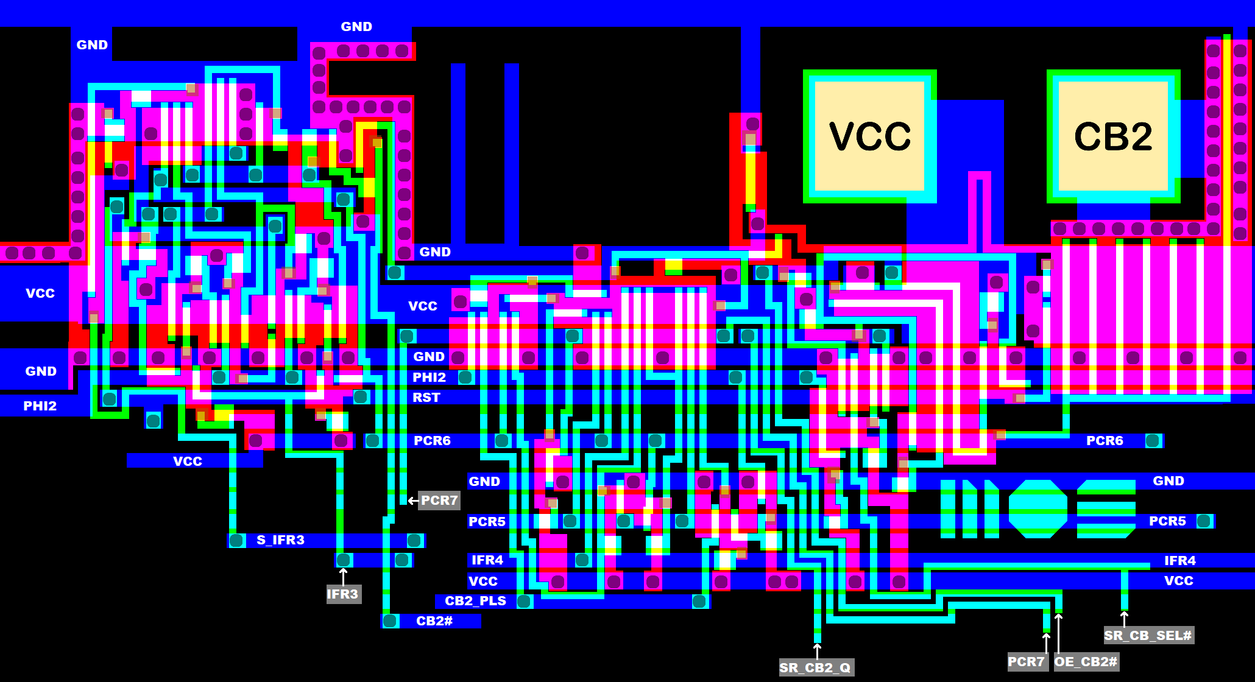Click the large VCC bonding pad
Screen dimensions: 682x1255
click(869, 136)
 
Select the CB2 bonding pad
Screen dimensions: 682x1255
click(1113, 136)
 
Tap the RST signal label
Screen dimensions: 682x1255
click(426, 398)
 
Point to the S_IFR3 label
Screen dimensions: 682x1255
click(280, 540)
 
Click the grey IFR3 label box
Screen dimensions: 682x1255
click(343, 594)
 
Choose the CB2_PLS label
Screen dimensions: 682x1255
click(475, 601)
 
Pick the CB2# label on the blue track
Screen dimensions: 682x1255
click(434, 621)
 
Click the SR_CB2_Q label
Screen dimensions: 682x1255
click(816, 667)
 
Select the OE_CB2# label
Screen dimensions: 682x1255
click(1086, 662)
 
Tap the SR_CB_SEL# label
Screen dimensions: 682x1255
click(1148, 636)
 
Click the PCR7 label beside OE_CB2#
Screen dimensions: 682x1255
click(1027, 662)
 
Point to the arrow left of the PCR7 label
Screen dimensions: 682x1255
click(412, 501)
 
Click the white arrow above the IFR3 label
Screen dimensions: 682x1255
click(343, 575)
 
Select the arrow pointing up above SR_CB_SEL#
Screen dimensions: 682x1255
click(1124, 617)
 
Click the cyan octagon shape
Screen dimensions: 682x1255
click(1038, 508)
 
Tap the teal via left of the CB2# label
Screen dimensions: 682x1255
click(390, 621)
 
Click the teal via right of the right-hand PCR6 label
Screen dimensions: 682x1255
click(1152, 441)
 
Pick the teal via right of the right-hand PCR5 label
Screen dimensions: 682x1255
click(1203, 521)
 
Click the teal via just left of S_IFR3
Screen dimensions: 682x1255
click(236, 540)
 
